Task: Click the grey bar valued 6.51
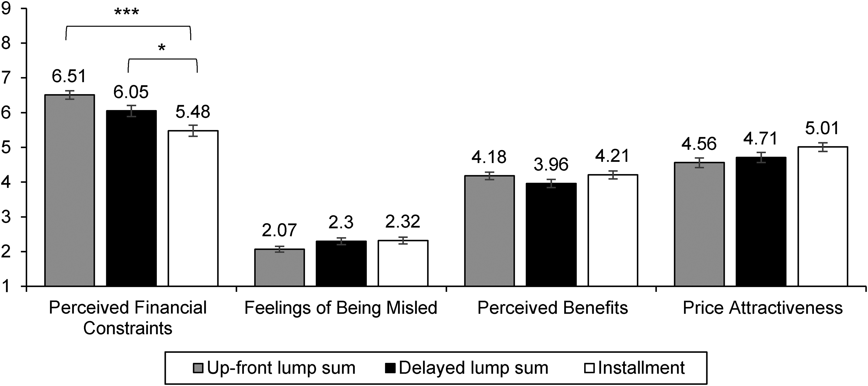(70, 191)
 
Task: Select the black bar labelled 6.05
(131, 199)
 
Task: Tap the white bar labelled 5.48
(193, 208)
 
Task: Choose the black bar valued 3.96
(551, 235)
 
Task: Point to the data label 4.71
(760, 138)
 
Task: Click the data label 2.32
(403, 222)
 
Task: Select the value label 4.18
(489, 157)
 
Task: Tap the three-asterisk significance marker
(127, 12)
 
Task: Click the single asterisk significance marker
(162, 48)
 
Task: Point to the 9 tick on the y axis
(6, 9)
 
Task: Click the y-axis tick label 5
(6, 147)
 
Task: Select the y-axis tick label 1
(6, 287)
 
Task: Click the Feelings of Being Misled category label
(341, 308)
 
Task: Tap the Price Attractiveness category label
(762, 308)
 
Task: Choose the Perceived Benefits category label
(553, 308)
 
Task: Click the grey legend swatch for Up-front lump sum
(198, 368)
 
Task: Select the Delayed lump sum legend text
(473, 368)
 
